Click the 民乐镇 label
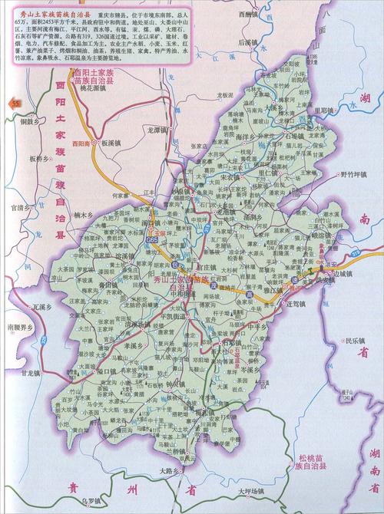click(x=355, y=341)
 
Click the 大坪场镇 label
click(x=250, y=491)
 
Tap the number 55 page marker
click(x=12, y=101)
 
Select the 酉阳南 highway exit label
click(x=80, y=143)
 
